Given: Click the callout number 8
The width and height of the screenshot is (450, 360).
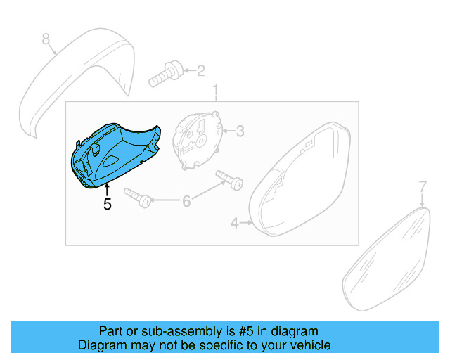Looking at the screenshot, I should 46,39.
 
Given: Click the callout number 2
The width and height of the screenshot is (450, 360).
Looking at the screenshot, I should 200,70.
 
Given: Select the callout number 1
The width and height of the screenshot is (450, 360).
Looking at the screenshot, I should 216,91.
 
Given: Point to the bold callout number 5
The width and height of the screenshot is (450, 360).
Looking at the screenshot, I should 107,205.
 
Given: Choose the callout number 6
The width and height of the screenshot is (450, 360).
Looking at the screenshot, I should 186,202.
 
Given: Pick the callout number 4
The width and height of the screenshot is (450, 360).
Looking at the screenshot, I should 234,224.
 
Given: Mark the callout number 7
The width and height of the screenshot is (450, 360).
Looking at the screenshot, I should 423,187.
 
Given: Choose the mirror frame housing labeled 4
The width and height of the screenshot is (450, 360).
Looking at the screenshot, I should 299,183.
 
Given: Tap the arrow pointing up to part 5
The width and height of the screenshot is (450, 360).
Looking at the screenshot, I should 107,188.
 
